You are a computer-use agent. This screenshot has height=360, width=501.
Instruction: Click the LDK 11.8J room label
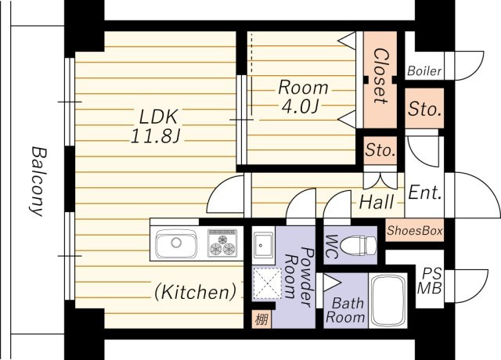coord(157,126)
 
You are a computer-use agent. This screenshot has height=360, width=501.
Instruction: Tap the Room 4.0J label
coord(303,97)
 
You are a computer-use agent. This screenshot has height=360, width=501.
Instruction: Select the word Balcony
coord(38,181)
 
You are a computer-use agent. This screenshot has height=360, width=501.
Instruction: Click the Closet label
coord(380,76)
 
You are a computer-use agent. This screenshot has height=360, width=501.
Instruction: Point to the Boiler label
coord(424,70)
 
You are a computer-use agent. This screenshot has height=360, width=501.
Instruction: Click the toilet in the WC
coord(359,246)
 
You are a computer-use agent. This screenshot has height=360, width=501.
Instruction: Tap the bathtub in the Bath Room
coord(388,301)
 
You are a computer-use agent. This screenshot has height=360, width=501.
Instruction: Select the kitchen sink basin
coord(175,243)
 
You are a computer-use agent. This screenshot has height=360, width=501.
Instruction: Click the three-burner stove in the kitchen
coord(222,243)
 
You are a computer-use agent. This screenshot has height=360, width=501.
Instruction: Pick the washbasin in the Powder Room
coord(263,245)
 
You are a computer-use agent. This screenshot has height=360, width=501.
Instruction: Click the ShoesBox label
coord(414,230)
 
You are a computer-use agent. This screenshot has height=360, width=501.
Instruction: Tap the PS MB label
coord(430,281)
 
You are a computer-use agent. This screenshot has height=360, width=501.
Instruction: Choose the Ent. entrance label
coord(424,193)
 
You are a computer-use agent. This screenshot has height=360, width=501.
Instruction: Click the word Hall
coord(377,202)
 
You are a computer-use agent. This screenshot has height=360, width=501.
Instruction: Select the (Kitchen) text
coord(195,292)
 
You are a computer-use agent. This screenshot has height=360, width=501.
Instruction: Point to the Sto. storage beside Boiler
coord(424,109)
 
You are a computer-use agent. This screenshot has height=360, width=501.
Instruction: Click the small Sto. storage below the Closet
coord(380,149)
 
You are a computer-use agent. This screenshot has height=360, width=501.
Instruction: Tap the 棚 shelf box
coord(261,319)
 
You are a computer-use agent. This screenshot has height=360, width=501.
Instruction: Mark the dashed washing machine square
coord(267,283)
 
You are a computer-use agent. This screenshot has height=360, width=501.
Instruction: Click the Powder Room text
coord(299,277)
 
